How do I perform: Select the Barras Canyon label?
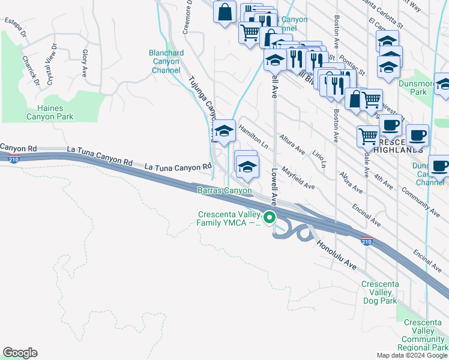coord(225,190)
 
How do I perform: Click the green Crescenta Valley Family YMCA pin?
coord(270,218)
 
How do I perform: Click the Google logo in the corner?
coord(20,353)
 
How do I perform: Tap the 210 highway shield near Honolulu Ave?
coord(366,241)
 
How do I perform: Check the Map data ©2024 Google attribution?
coord(412,355)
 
